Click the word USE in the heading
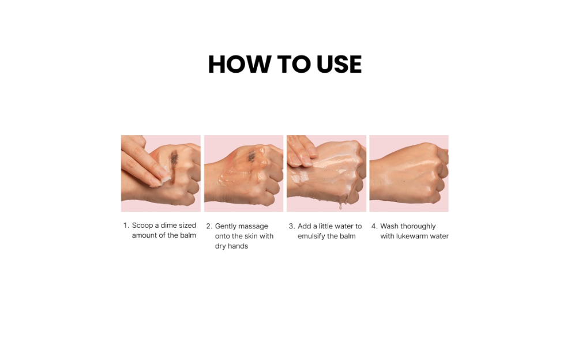(339, 65)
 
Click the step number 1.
(126, 226)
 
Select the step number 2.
(209, 227)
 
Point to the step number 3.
(291, 227)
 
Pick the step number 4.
(374, 227)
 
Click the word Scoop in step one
(142, 226)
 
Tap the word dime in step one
(168, 226)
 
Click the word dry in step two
(220, 246)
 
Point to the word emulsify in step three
(311, 237)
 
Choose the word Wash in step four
(389, 226)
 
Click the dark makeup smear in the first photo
(174, 163)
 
